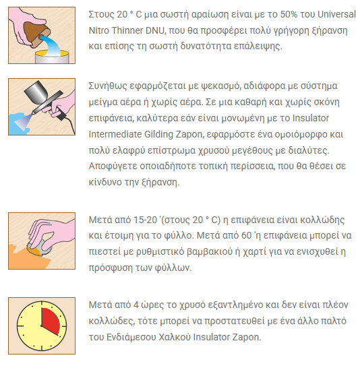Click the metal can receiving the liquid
[52, 57]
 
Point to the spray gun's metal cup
[34, 91]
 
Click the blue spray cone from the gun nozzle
[22, 119]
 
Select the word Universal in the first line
[336, 14]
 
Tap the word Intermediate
[115, 135]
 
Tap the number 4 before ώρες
[136, 305]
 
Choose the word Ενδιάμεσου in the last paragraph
[131, 337]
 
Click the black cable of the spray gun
[70, 125]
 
